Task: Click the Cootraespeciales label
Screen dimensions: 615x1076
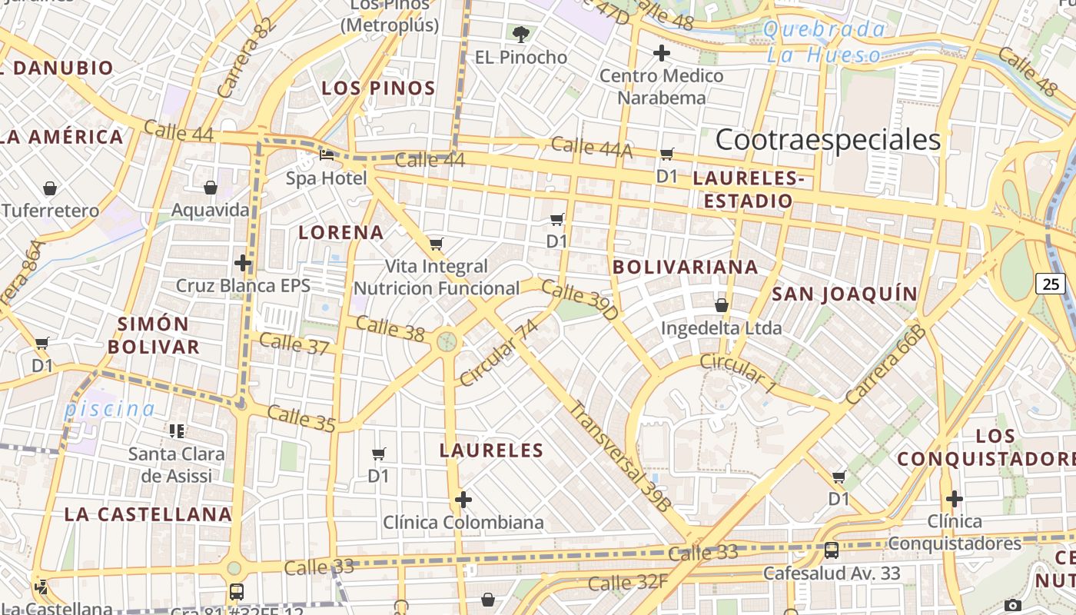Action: [x=828, y=140]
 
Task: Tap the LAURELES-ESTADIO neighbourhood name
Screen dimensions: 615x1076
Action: [x=749, y=190]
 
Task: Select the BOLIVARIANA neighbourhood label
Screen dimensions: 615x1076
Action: [x=686, y=268]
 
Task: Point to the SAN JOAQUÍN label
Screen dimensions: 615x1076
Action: [x=845, y=294]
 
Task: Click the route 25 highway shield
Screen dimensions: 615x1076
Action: [x=1051, y=284]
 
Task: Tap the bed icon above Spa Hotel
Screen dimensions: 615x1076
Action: [x=327, y=155]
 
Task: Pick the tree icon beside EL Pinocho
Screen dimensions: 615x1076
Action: [x=521, y=34]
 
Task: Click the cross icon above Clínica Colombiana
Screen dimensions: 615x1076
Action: [x=463, y=500]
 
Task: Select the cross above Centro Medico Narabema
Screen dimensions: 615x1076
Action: [x=661, y=53]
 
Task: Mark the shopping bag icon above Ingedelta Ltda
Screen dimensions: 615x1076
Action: [x=722, y=305]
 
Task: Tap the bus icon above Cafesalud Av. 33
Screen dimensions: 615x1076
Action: [x=831, y=550]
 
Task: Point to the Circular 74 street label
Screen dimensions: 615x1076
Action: [x=499, y=352]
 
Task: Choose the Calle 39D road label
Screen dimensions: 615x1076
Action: [x=580, y=300]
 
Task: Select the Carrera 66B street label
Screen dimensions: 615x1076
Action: [x=885, y=364]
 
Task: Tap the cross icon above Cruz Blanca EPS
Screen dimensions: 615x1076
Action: [x=243, y=263]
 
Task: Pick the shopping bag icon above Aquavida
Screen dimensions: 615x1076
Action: [x=210, y=188]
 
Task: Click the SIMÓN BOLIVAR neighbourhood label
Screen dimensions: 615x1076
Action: [x=154, y=335]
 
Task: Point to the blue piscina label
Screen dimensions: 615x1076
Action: [x=109, y=409]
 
